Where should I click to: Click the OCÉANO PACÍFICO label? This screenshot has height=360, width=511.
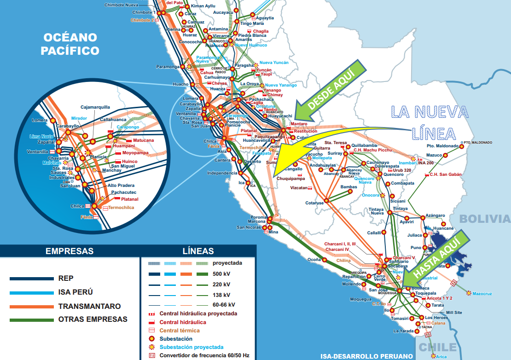click(x=70, y=44)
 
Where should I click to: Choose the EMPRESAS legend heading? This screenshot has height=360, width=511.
click(x=70, y=251)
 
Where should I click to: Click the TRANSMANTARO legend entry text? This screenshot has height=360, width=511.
click(x=89, y=306)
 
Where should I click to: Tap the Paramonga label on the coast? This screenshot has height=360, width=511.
click(x=167, y=67)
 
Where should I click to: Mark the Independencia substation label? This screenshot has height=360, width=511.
click(x=222, y=173)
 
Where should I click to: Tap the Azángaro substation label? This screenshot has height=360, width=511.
click(x=435, y=215)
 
